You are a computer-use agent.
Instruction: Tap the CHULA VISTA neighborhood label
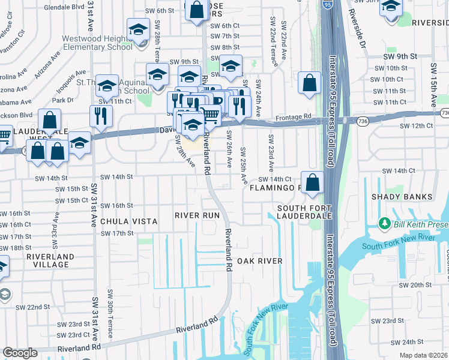[128, 221]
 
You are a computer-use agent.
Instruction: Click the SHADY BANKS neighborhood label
[402, 197]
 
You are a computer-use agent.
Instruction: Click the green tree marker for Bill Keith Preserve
[385, 224]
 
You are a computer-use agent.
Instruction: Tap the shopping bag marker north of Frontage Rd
[309, 84]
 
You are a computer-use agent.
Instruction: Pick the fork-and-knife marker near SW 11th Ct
[101, 115]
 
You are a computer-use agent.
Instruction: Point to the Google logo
[20, 353]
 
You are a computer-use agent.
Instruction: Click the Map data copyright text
[423, 355]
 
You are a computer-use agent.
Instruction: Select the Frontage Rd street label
[294, 117]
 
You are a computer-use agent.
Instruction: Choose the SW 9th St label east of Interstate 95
[400, 56]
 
